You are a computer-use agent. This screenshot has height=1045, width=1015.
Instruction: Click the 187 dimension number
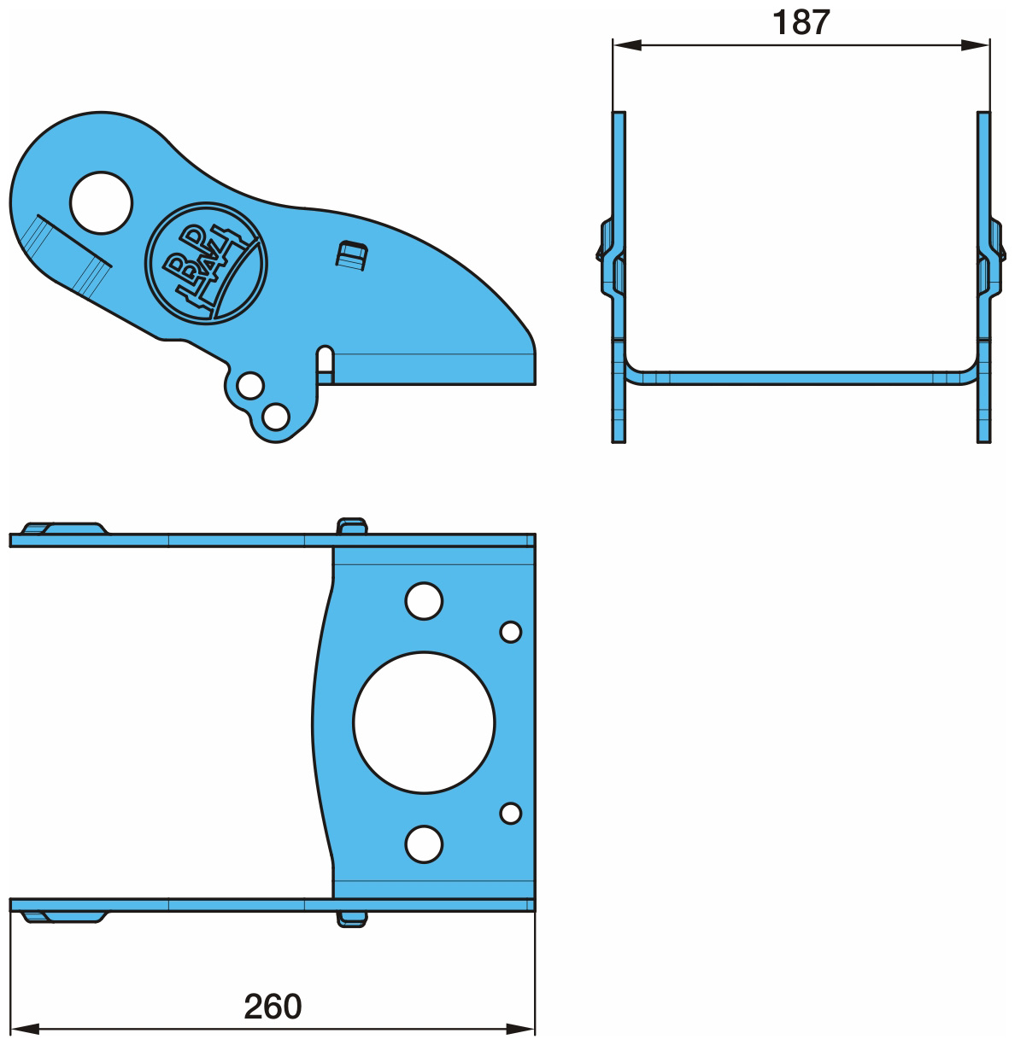tap(801, 22)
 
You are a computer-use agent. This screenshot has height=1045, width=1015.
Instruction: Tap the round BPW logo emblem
tap(206, 263)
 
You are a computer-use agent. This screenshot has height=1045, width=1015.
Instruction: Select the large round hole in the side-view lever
tap(101, 203)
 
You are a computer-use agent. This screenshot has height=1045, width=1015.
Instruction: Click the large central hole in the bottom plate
tap(424, 722)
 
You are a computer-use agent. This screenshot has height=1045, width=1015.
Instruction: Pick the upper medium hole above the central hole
tap(424, 601)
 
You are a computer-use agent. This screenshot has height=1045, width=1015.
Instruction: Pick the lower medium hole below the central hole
tap(424, 844)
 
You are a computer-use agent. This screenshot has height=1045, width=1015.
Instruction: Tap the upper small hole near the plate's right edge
tap(510, 632)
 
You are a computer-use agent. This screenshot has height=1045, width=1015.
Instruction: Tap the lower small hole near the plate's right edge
tap(510, 813)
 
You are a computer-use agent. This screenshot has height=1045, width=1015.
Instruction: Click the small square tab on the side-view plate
tap(352, 255)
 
